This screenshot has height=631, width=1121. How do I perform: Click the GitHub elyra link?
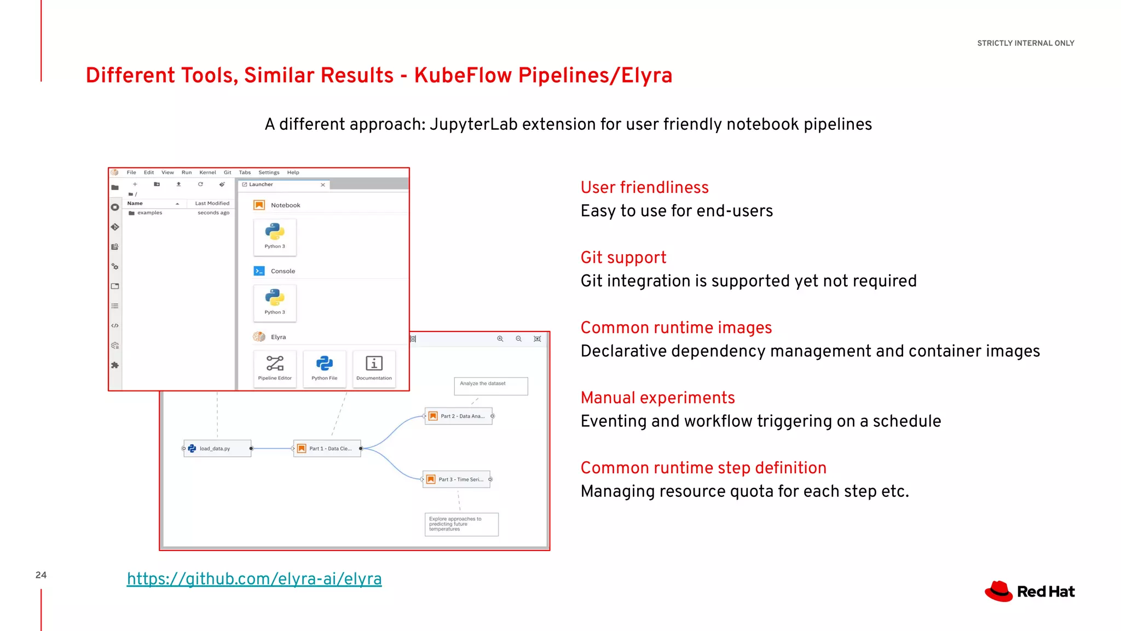click(254, 579)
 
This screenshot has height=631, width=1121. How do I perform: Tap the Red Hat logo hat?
click(999, 591)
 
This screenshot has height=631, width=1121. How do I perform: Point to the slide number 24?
click(41, 575)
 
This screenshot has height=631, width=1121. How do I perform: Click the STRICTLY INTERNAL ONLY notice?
click(1025, 43)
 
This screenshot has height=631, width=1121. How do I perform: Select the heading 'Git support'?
click(623, 257)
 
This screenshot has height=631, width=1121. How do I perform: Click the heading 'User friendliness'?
click(644, 187)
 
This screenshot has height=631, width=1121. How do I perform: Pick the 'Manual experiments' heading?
click(657, 398)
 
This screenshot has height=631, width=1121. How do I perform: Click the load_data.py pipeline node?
click(217, 449)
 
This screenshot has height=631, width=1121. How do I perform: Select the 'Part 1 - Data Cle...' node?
click(327, 449)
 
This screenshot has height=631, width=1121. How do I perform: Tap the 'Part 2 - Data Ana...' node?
click(459, 416)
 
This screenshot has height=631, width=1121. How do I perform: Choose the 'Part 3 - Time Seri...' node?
click(457, 480)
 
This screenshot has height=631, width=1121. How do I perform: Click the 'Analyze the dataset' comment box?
click(490, 386)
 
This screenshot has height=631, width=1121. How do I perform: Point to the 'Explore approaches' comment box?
click(461, 524)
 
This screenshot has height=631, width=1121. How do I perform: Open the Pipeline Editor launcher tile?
click(275, 368)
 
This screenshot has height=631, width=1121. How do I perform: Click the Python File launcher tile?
click(325, 368)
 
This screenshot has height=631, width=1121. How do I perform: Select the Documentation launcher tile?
click(374, 368)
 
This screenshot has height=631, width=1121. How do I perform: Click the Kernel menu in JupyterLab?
click(207, 173)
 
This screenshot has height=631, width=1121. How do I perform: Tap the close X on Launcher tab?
click(323, 185)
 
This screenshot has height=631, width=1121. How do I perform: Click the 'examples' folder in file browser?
click(149, 213)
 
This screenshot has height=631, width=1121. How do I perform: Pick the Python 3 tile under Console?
click(275, 302)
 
